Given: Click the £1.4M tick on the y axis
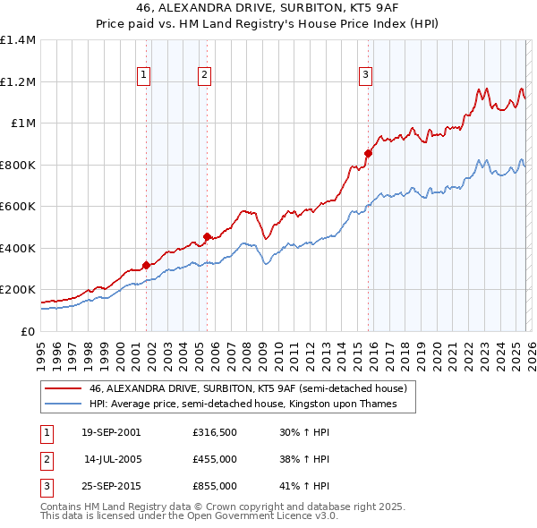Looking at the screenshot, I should point(18,40).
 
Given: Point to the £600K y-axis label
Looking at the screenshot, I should point(18,207).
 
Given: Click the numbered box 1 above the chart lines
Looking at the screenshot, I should point(144,75).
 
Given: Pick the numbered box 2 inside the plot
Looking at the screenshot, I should point(205,75).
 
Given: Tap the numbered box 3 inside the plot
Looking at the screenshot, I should point(365,75).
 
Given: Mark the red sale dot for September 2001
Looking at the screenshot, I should point(146,265).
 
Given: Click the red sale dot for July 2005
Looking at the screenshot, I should point(207,236).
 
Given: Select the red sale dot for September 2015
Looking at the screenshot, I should point(368,153).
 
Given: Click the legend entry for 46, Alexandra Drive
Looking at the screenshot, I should point(248,388).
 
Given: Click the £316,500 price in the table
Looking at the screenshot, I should point(215,432).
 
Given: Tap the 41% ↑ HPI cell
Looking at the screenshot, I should point(303,486).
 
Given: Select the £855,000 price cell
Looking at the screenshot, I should point(215,486).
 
